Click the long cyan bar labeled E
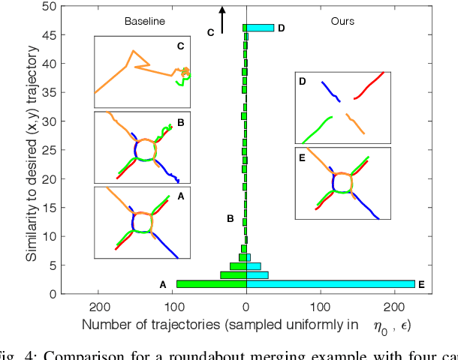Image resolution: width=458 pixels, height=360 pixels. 330,284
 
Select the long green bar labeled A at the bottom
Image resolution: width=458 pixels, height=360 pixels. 211,284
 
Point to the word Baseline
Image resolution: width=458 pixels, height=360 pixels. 144,22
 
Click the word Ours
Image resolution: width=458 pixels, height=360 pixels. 343,22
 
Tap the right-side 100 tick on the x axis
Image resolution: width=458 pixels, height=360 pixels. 321,306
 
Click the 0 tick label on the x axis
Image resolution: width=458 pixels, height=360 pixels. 246,306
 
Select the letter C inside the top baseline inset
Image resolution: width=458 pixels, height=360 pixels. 180,46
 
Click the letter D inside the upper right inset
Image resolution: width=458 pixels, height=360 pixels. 302,80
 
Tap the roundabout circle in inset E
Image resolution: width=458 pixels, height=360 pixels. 342,182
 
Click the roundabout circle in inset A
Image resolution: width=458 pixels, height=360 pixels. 143,222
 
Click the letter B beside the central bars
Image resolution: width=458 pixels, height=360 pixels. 231,219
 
